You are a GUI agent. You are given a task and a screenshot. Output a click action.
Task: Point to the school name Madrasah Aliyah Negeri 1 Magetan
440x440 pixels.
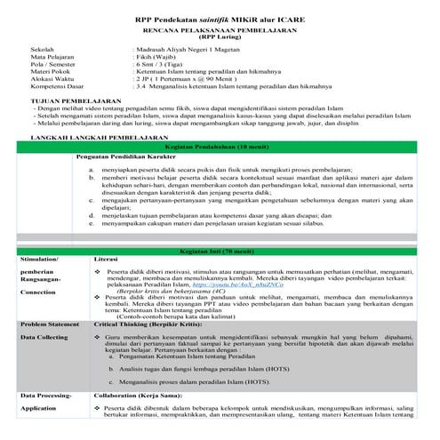tap(185, 51)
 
